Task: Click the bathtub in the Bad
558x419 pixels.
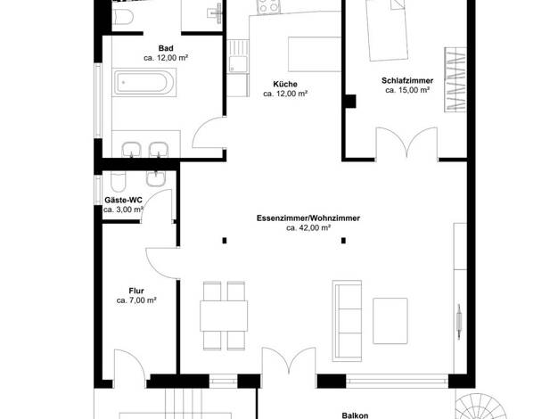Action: coord(144,83)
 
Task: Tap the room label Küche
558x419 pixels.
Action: coord(285,84)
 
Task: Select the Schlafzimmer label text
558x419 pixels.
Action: coord(407,80)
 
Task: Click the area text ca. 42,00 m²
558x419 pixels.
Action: coord(308,228)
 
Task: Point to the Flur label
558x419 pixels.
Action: coord(136,291)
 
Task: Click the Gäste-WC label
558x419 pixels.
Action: coord(123,200)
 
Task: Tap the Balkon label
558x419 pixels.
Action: coord(355,415)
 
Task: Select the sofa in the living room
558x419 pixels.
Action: coord(347,321)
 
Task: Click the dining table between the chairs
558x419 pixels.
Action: coord(224,316)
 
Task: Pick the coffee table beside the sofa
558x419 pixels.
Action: coord(390,321)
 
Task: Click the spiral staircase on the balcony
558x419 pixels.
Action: coord(480,407)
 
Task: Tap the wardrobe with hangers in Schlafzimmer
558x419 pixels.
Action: coord(455,79)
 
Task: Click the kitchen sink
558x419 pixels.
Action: coord(238,64)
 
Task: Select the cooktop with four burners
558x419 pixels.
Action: coord(268,6)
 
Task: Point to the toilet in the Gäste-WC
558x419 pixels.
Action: coord(118,182)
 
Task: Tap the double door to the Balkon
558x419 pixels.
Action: coord(289,361)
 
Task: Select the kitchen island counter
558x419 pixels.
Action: coord(315,54)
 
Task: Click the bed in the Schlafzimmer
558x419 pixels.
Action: coord(387,29)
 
